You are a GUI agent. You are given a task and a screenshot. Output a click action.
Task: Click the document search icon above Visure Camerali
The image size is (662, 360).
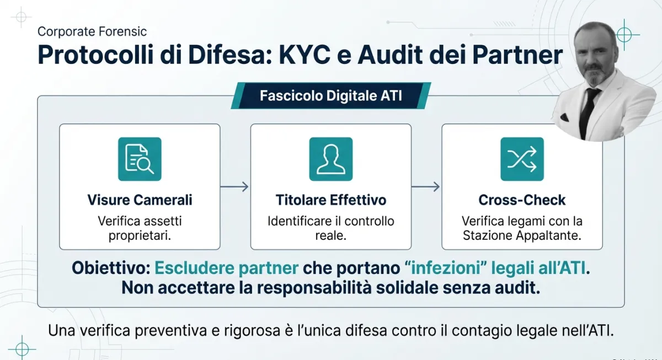pos(140,159)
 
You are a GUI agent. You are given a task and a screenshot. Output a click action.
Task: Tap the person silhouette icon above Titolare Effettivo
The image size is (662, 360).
pos(330,159)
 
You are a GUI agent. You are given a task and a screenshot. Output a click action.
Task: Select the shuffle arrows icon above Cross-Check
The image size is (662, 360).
pos(522,159)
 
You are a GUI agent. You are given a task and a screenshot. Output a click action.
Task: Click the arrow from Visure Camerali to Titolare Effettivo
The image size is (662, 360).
pos(235,187)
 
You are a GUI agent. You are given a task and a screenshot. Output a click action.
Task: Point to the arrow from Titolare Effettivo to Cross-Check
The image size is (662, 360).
pos(426,187)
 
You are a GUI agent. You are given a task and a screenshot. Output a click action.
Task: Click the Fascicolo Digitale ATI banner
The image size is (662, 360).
pos(330,96)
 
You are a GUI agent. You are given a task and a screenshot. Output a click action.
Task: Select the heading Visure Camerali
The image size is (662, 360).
pos(140,200)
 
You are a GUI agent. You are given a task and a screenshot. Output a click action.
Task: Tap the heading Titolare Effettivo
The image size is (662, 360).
pos(330,200)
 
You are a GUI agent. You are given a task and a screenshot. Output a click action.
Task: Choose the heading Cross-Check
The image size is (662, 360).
pos(522,200)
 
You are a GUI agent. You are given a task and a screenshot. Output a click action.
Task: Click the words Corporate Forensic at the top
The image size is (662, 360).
pos(92,32)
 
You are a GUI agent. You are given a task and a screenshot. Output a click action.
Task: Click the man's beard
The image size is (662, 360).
pos(595,76)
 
